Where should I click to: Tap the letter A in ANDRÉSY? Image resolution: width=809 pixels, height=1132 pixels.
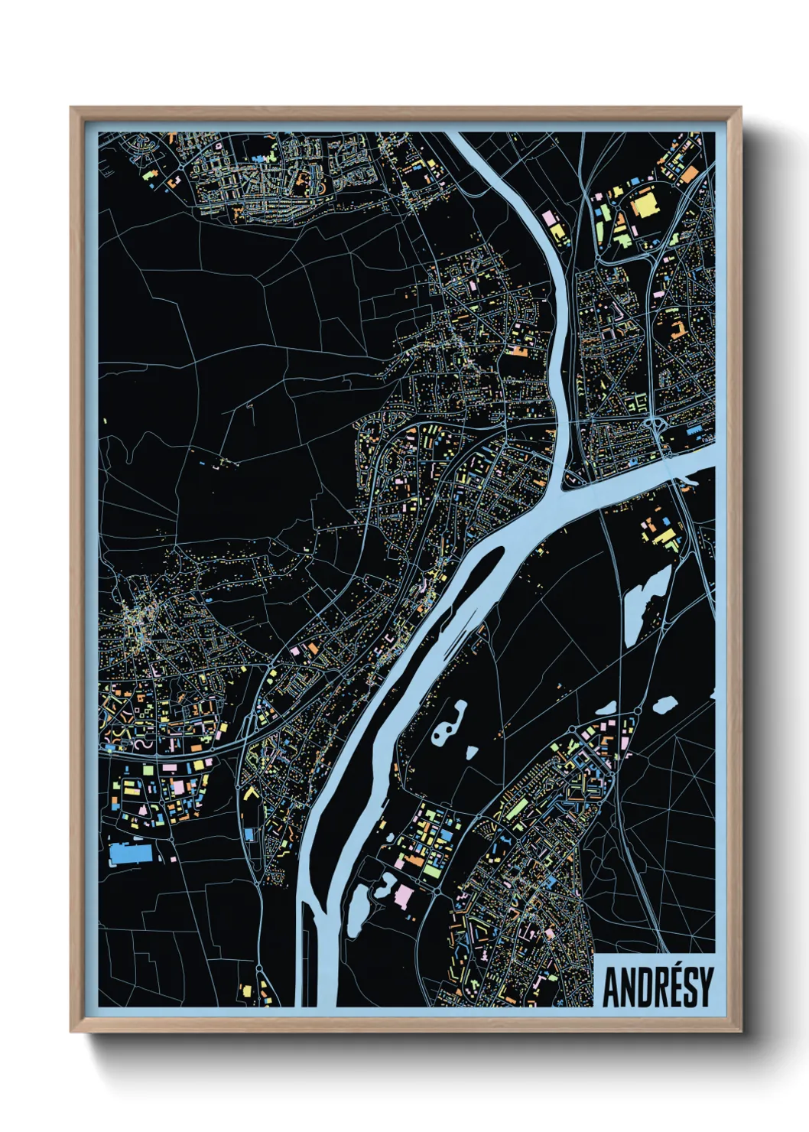(x=612, y=988)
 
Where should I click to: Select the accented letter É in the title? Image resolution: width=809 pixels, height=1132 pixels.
(x=664, y=987)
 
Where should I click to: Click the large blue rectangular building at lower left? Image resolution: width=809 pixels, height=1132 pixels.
(x=131, y=854)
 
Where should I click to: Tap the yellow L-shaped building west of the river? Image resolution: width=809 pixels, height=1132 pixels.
(x=250, y=792)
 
